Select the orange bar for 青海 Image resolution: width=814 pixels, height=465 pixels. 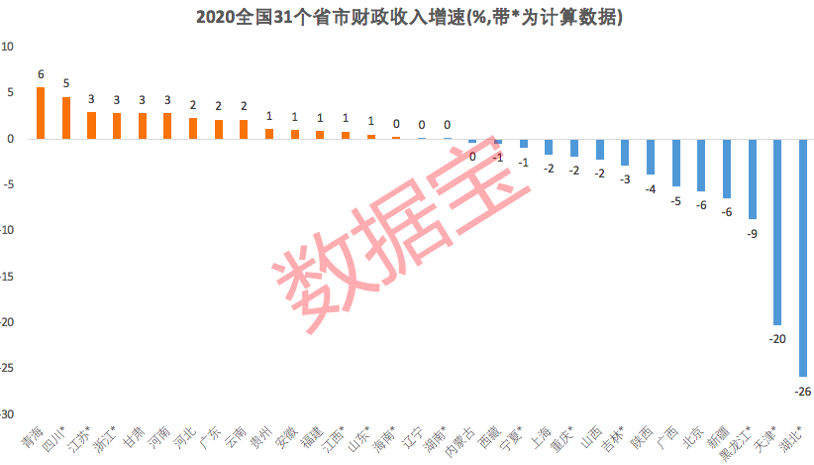[x=41, y=113]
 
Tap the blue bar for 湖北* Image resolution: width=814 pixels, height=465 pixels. [x=802, y=257]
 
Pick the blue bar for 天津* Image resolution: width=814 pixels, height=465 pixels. [x=776, y=232]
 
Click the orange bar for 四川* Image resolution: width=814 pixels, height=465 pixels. [x=66, y=118]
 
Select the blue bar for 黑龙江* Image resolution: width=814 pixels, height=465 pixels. [x=752, y=179]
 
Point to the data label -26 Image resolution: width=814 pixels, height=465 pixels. [x=802, y=392]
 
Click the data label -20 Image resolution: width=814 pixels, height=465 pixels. [x=776, y=339]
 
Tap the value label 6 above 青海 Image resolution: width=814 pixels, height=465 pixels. [x=41, y=74]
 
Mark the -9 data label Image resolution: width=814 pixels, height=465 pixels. [x=752, y=233]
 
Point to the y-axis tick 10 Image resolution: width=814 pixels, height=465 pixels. [x=8, y=47]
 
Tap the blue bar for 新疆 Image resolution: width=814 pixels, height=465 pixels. [x=726, y=169]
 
